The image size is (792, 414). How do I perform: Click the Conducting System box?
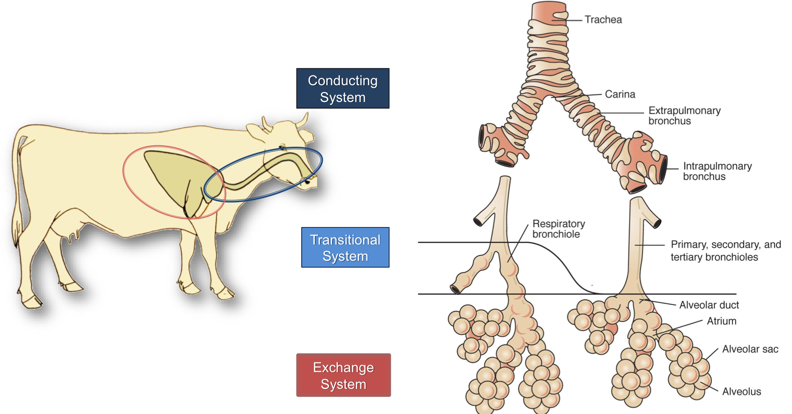pyautogui.click(x=343, y=88)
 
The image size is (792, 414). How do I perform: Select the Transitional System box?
pyautogui.click(x=345, y=247)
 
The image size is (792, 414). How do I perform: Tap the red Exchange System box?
pyautogui.click(x=343, y=375)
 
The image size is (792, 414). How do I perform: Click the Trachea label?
pyautogui.click(x=603, y=20)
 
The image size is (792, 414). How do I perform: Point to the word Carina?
pyautogui.click(x=620, y=95)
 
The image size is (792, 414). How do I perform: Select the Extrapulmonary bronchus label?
pyautogui.click(x=684, y=115)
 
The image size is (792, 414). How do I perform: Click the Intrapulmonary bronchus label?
pyautogui.click(x=717, y=171)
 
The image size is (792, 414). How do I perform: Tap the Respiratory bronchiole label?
pyautogui.click(x=558, y=229)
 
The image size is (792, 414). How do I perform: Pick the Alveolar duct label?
pyautogui.click(x=709, y=305)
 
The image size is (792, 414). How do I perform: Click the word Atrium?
pyautogui.click(x=721, y=321)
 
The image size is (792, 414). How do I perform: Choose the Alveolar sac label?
pyautogui.click(x=750, y=349)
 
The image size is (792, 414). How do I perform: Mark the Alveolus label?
pyautogui.click(x=741, y=392)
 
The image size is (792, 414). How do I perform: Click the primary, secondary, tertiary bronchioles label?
pyautogui.click(x=725, y=251)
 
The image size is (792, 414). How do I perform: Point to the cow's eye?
pyautogui.click(x=283, y=148)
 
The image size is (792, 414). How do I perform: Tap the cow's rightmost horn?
pyautogui.click(x=304, y=120)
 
